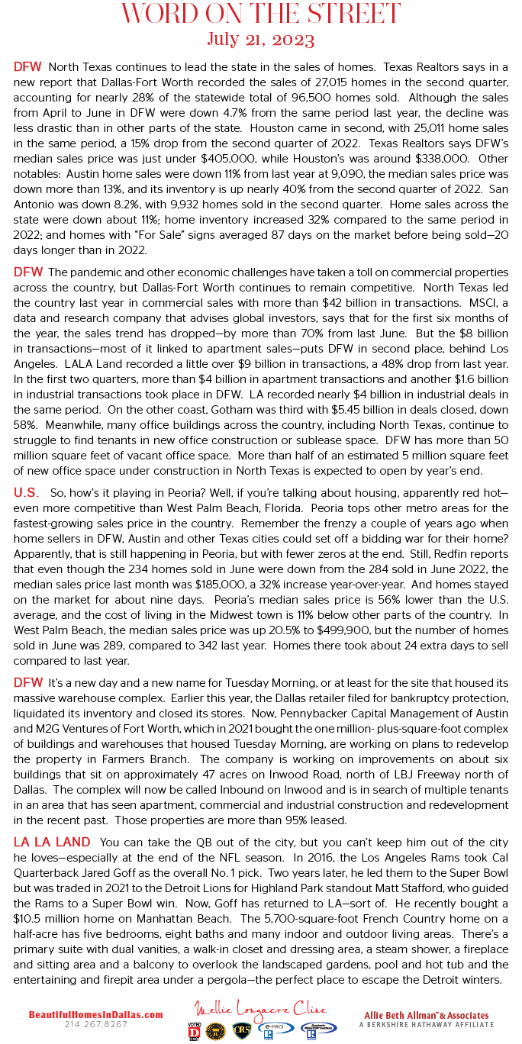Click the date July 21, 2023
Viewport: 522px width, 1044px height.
[x=260, y=39]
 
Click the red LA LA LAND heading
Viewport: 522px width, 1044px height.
[x=51, y=842]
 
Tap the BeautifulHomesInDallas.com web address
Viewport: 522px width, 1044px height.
[x=95, y=1015]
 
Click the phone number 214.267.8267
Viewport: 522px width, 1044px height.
[x=95, y=1024]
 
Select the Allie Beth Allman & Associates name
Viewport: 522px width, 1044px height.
[x=426, y=1015]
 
